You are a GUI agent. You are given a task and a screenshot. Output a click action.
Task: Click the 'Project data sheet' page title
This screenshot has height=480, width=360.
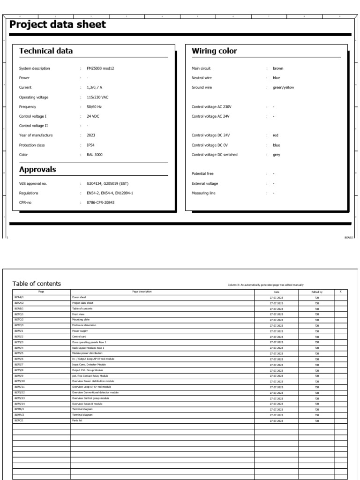point(58,25)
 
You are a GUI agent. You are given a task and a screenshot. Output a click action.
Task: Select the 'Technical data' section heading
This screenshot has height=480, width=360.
point(46,51)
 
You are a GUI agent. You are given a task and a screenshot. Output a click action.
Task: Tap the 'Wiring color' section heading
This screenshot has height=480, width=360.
point(214,51)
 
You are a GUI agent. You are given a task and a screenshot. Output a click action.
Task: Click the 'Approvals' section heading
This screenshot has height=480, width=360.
point(37,170)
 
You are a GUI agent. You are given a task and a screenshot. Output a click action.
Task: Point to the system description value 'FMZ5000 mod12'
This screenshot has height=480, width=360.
point(100,68)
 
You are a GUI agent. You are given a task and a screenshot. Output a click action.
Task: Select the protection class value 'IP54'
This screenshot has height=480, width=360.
point(91,145)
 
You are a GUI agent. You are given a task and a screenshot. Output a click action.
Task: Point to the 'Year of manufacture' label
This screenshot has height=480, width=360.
point(36,135)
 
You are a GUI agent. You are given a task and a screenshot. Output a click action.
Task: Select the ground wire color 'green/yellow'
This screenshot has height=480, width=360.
point(284,88)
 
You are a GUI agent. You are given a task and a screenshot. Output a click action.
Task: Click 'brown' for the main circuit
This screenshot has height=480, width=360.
point(278,68)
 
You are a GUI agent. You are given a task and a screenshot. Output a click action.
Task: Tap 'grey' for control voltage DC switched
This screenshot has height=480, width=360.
point(277,155)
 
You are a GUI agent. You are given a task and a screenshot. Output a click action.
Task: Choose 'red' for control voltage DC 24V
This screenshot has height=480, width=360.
point(276,135)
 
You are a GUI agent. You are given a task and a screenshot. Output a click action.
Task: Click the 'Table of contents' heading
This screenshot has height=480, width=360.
point(37,284)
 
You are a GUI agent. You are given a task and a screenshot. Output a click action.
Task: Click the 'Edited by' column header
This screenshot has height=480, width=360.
point(317,292)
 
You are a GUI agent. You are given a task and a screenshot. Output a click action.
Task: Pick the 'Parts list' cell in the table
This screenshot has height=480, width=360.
point(77,421)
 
